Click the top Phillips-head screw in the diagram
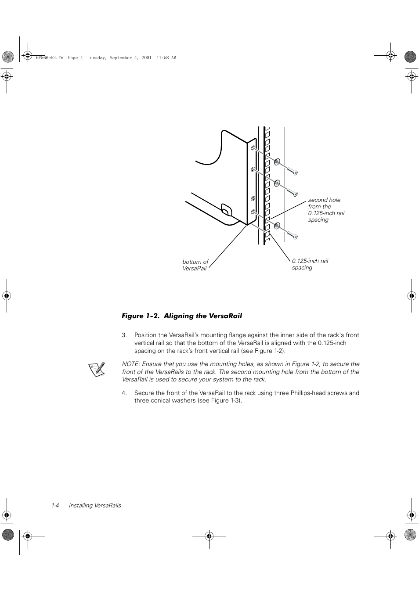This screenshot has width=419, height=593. pyautogui.click(x=295, y=172)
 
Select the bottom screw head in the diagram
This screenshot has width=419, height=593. pyautogui.click(x=295, y=237)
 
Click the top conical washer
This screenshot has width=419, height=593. pyautogui.click(x=277, y=162)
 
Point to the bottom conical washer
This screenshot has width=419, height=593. pyautogui.click(x=277, y=226)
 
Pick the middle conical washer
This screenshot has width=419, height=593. pyautogui.click(x=277, y=183)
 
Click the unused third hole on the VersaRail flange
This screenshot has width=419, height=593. pyautogui.click(x=253, y=199)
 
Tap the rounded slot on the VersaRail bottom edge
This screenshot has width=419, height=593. pyautogui.click(x=226, y=210)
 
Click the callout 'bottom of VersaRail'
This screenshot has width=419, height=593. pyautogui.click(x=195, y=265)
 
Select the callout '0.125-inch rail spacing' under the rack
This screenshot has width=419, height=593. pyautogui.click(x=310, y=264)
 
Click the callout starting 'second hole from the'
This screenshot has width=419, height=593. pyautogui.click(x=326, y=210)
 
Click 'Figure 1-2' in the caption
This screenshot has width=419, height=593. pyautogui.click(x=139, y=316)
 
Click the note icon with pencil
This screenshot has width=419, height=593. pyautogui.click(x=97, y=369)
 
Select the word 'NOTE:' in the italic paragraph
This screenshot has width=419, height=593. pyautogui.click(x=131, y=364)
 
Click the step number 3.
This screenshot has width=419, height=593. pyautogui.click(x=124, y=335)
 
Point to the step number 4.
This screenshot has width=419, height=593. pyautogui.click(x=124, y=393)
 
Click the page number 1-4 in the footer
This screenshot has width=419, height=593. pyautogui.click(x=55, y=505)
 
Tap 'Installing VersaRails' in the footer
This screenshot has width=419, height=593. pyautogui.click(x=95, y=505)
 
